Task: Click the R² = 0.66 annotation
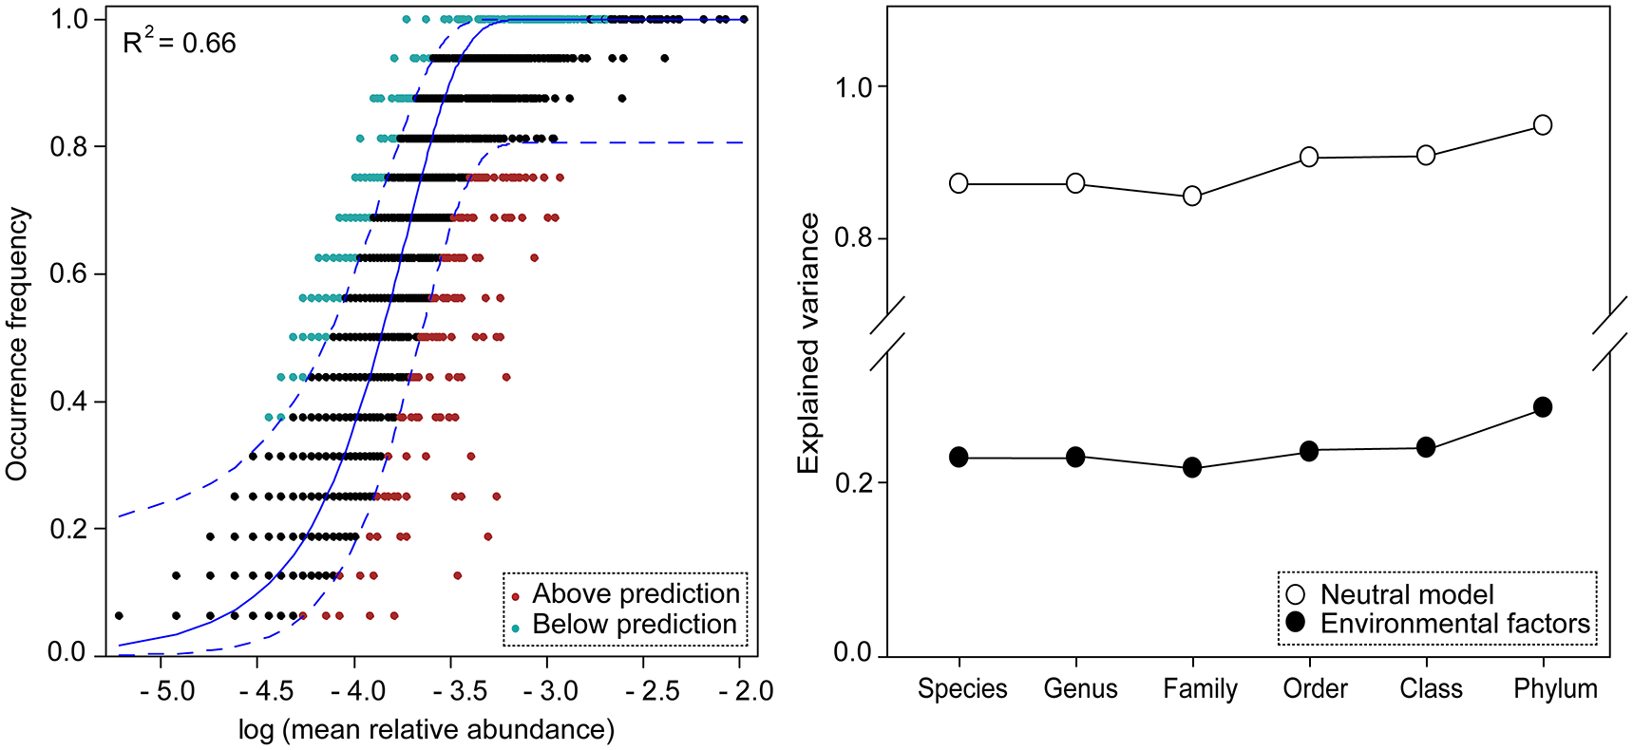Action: (180, 43)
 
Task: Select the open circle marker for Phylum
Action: (1543, 125)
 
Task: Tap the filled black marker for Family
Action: (1192, 468)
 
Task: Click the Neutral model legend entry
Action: (1406, 595)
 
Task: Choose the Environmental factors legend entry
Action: (1453, 624)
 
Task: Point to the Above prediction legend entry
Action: (635, 594)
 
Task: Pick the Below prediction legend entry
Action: (634, 625)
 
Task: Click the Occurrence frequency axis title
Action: (17, 344)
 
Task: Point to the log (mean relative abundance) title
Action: (427, 730)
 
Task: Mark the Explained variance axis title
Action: (808, 344)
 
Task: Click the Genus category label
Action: (1080, 688)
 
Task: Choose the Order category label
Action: (1315, 688)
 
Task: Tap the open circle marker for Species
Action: (959, 183)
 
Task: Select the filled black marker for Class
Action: (1426, 447)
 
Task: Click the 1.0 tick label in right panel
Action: (852, 87)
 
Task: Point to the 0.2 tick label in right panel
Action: (852, 482)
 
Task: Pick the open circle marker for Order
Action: (1309, 157)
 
